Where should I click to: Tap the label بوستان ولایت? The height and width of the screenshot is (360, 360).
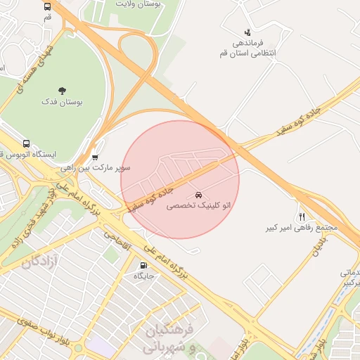pos(139,4)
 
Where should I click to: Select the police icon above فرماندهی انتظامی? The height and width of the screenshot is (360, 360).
pos(247,32)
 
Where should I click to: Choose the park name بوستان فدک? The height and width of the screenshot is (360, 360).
pos(62,102)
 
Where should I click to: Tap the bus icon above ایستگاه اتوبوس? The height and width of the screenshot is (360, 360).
pos(27,143)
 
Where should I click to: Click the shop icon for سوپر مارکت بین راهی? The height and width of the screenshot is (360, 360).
pos(95,157)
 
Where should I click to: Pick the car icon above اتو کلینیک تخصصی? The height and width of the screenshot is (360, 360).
pos(198,193)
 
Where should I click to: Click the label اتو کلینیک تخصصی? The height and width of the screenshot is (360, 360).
pos(198,206)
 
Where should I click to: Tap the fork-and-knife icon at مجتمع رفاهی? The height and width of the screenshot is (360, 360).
pos(302,216)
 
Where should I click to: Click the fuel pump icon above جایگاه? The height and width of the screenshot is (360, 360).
pos(144,266)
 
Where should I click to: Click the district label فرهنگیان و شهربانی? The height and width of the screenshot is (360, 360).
pos(169,338)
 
